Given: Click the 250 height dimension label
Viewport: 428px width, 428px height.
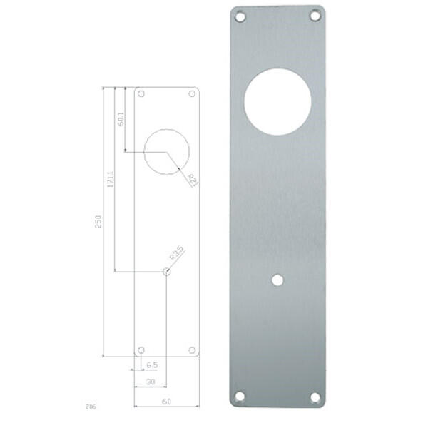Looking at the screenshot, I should coord(99,221).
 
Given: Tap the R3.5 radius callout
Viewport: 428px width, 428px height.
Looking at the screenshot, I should coord(177,253).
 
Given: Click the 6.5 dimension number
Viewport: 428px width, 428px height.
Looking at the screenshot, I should coord(152,365).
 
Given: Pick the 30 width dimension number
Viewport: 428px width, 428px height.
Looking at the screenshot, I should coord(151,382).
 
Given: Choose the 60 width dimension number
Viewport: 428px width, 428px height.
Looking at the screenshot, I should coord(166,402).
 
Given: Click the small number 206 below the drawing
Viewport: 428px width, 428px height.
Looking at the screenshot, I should coord(91,407).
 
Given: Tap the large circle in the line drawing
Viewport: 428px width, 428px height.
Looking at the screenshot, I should coord(166,151).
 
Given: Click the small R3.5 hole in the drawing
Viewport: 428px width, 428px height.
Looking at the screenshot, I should coord(166,272).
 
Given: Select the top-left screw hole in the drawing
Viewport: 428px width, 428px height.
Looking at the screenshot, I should coord(141,94).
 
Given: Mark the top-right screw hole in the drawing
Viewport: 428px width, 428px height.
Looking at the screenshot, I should coord(191,94).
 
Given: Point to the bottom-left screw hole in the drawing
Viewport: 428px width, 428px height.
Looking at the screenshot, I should coord(141,350).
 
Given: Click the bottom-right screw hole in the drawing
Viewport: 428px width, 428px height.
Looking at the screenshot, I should coord(191,350).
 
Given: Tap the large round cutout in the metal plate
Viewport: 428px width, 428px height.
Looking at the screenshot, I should coord(277,101).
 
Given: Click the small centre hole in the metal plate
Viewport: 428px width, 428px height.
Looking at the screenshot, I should coord(277,281).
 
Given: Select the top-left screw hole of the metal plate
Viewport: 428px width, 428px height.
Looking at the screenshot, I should coord(240,16).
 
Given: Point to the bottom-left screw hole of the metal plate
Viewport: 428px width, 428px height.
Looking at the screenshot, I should coord(240,396).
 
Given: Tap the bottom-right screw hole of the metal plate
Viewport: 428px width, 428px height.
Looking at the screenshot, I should coord(314,396).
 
